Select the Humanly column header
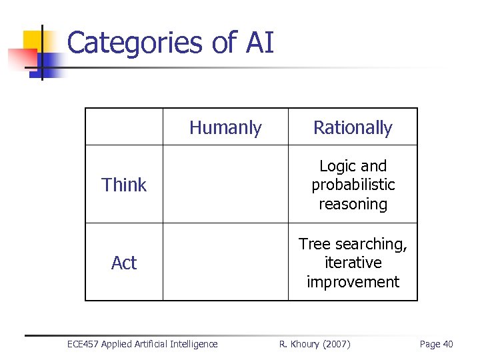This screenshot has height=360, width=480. coord(225,127)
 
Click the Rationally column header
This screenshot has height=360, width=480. coord(353,127)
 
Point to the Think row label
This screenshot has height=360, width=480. coord(124,185)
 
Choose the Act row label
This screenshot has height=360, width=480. coord(124,263)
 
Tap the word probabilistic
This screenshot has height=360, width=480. coord(353,185)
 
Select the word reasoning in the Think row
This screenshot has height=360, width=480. coord(353,204)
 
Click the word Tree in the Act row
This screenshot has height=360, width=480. coord(313,244)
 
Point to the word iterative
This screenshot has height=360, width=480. coord(353,263)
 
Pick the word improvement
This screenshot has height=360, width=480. coord(353,282)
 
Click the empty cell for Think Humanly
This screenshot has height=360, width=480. coord(225,185)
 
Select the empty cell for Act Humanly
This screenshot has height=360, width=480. coord(225,263)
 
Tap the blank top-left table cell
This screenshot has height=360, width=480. coord(124,127)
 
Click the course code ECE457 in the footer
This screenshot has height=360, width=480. coord(83,344)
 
